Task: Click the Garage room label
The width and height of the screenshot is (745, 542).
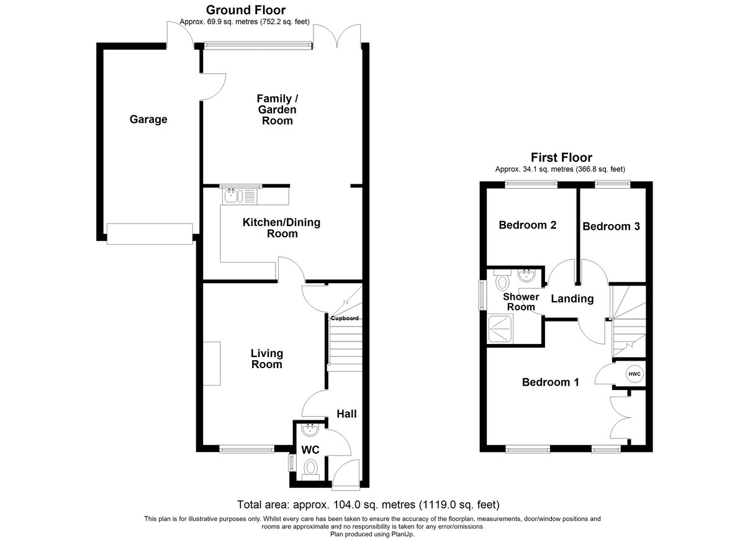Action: (148, 119)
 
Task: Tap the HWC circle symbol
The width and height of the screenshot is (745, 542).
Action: (634, 374)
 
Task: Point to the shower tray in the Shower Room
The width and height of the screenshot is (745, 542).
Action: (500, 330)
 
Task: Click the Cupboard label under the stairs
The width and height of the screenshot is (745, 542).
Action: (345, 318)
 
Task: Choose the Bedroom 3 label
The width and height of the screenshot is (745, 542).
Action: (611, 227)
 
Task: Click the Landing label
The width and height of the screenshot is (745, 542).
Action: (572, 299)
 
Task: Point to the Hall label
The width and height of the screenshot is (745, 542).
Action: (346, 413)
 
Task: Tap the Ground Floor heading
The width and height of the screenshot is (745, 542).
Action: (246, 10)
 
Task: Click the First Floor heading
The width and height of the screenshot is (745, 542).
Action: (561, 157)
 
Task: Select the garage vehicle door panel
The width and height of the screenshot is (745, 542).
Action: (150, 234)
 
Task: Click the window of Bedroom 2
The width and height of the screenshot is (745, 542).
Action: (531, 184)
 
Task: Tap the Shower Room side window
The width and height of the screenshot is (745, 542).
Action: (482, 295)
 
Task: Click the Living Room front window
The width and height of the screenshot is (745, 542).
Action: (247, 449)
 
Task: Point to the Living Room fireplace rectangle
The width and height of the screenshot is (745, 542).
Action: (212, 363)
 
